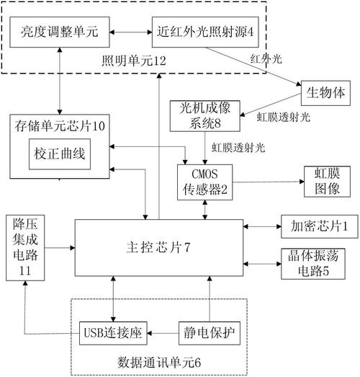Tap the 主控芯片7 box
158,247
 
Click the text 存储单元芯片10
60,127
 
